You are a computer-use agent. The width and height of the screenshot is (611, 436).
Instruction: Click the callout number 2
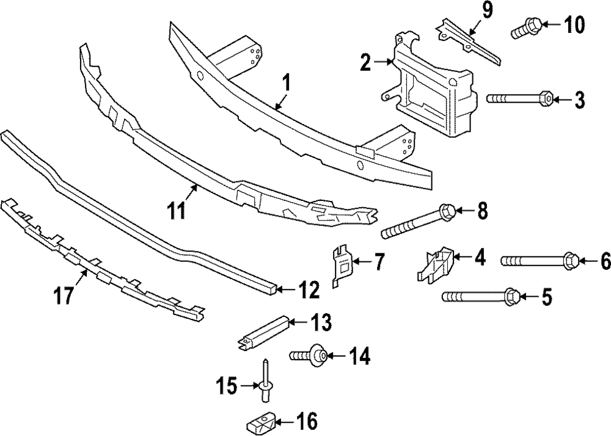coord(365,61)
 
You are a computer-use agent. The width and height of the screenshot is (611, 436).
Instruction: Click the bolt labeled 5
coord(480,297)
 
